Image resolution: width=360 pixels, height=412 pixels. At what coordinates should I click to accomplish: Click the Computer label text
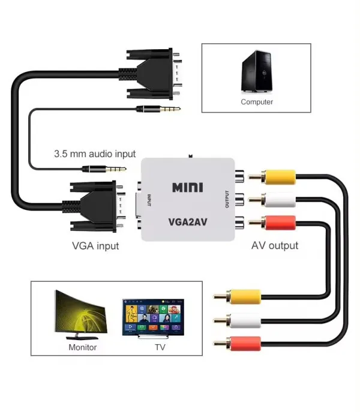click(257, 102)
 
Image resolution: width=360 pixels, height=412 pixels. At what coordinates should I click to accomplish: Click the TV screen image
click(154, 316)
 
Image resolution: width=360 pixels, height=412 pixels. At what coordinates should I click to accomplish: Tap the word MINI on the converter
click(187, 187)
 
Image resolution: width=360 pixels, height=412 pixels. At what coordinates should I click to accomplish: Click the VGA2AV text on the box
click(187, 222)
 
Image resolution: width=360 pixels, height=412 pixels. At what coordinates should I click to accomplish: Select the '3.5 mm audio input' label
click(95, 154)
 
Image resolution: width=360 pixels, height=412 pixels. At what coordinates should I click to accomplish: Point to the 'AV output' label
click(274, 245)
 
